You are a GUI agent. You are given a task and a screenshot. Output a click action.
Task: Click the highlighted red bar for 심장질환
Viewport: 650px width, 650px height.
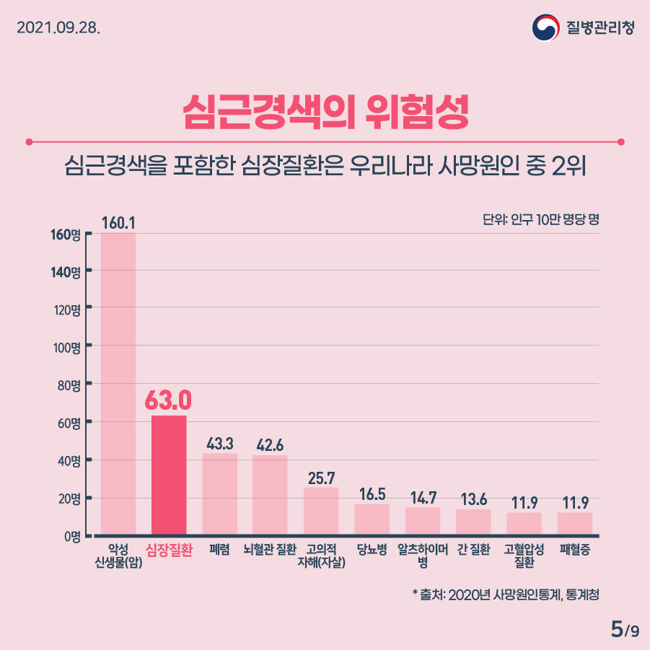coord(169,475)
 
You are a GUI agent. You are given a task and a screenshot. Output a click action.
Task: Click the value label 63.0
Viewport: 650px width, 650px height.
coord(169,399)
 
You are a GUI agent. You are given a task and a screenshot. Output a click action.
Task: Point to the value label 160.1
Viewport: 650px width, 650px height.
coord(118,223)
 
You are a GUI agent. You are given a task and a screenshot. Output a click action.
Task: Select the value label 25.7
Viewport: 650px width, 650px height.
coord(321,478)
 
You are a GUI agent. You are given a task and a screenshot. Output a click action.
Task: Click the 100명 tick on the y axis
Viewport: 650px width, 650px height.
coord(70,347)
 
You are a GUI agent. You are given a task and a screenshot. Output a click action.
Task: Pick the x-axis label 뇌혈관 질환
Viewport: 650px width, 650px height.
coord(270,550)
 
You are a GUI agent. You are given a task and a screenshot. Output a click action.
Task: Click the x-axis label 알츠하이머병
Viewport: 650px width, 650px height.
coord(423,555)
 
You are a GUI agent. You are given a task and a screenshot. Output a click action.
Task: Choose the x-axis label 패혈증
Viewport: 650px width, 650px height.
coord(575,550)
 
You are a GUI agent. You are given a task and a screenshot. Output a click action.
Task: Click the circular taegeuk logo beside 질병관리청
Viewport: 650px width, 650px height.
coord(545,28)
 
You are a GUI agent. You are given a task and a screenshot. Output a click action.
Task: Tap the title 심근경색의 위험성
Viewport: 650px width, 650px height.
coord(325,110)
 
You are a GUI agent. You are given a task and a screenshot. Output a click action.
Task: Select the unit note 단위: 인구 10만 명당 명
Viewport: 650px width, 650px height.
coord(540,219)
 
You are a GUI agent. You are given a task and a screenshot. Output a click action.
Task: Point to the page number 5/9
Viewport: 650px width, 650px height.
coord(624,629)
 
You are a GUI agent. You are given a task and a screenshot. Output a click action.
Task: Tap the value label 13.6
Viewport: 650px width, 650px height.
coord(473,499)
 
